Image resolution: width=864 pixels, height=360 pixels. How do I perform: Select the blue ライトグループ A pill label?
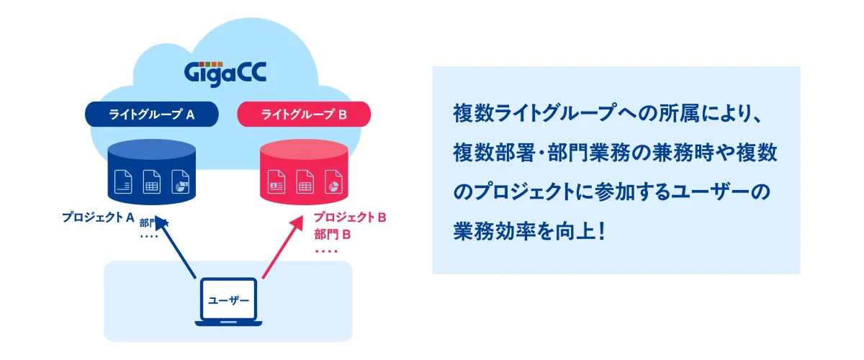click(x=153, y=113)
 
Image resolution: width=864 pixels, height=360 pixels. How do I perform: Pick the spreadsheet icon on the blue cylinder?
click(x=151, y=181)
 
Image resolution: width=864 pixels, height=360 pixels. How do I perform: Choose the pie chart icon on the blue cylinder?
click(x=180, y=181)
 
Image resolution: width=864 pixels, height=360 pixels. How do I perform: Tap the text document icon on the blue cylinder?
click(x=123, y=181)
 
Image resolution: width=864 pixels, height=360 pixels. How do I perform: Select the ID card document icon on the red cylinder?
click(x=276, y=181)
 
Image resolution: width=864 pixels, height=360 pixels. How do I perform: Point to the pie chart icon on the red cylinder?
click(x=333, y=181)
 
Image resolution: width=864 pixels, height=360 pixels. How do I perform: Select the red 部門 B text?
click(x=332, y=234)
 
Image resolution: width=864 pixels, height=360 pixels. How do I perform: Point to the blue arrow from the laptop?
click(x=178, y=248)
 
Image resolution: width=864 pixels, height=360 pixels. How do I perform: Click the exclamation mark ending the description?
click(x=600, y=233)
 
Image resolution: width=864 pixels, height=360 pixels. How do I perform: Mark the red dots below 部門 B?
click(x=327, y=251)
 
